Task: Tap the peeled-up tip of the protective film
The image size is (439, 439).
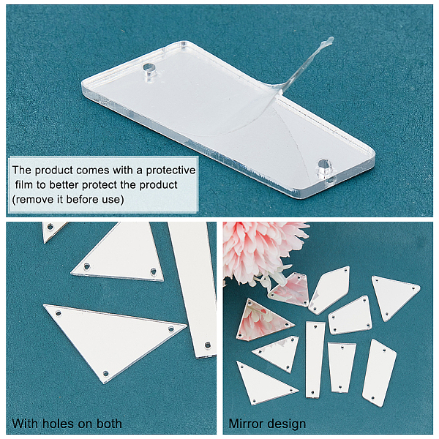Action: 330,40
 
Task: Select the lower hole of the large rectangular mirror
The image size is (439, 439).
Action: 324,165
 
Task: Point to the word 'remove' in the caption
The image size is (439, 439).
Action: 31,199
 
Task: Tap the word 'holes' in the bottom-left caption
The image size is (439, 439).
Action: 56,424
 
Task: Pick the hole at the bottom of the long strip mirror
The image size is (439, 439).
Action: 208,345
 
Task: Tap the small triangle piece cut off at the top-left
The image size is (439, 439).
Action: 53,230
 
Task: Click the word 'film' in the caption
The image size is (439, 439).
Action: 24,185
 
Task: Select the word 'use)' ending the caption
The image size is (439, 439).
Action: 115,200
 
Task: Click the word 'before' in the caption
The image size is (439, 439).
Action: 82,199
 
